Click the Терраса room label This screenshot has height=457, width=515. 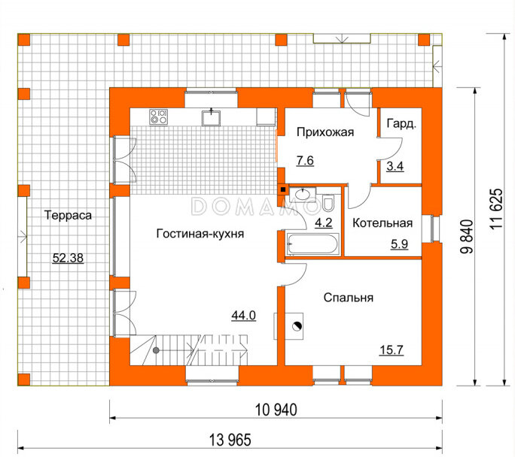point(68,216)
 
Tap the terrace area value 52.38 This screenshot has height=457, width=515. point(68,258)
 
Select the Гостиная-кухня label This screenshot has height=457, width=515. point(200,234)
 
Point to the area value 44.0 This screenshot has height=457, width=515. point(244,316)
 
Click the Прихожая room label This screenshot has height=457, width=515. point(325,132)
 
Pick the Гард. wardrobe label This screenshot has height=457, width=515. point(402,123)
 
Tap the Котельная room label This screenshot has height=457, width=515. point(382,223)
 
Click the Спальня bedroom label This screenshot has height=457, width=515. point(349,298)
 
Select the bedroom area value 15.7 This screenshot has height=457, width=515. point(392,350)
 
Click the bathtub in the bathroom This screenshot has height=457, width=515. point(312,244)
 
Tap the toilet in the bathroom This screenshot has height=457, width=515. point(328,203)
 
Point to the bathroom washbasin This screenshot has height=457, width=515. point(303,194)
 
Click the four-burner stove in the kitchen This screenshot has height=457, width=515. point(158,117)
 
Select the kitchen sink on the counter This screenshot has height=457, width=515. point(211,118)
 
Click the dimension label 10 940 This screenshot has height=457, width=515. point(276,410)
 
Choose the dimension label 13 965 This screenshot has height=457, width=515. point(230,440)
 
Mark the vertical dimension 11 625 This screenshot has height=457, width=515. point(496,209)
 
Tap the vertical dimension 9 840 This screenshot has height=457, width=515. point(466,237)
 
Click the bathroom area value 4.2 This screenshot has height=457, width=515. point(324,223)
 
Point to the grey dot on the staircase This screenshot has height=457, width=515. point(156,350)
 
